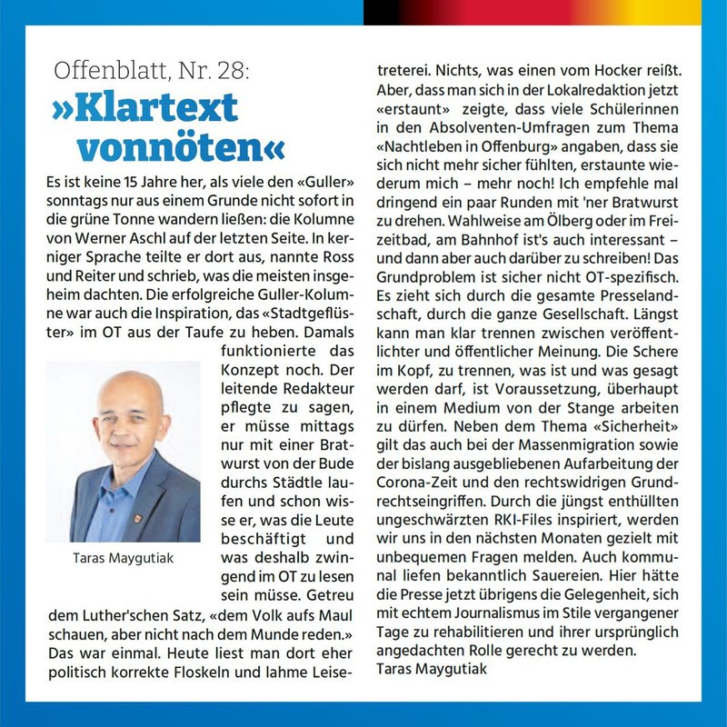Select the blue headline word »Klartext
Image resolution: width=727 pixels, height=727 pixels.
pos(145,108)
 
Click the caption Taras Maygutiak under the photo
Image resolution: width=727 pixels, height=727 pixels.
pos(123,557)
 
